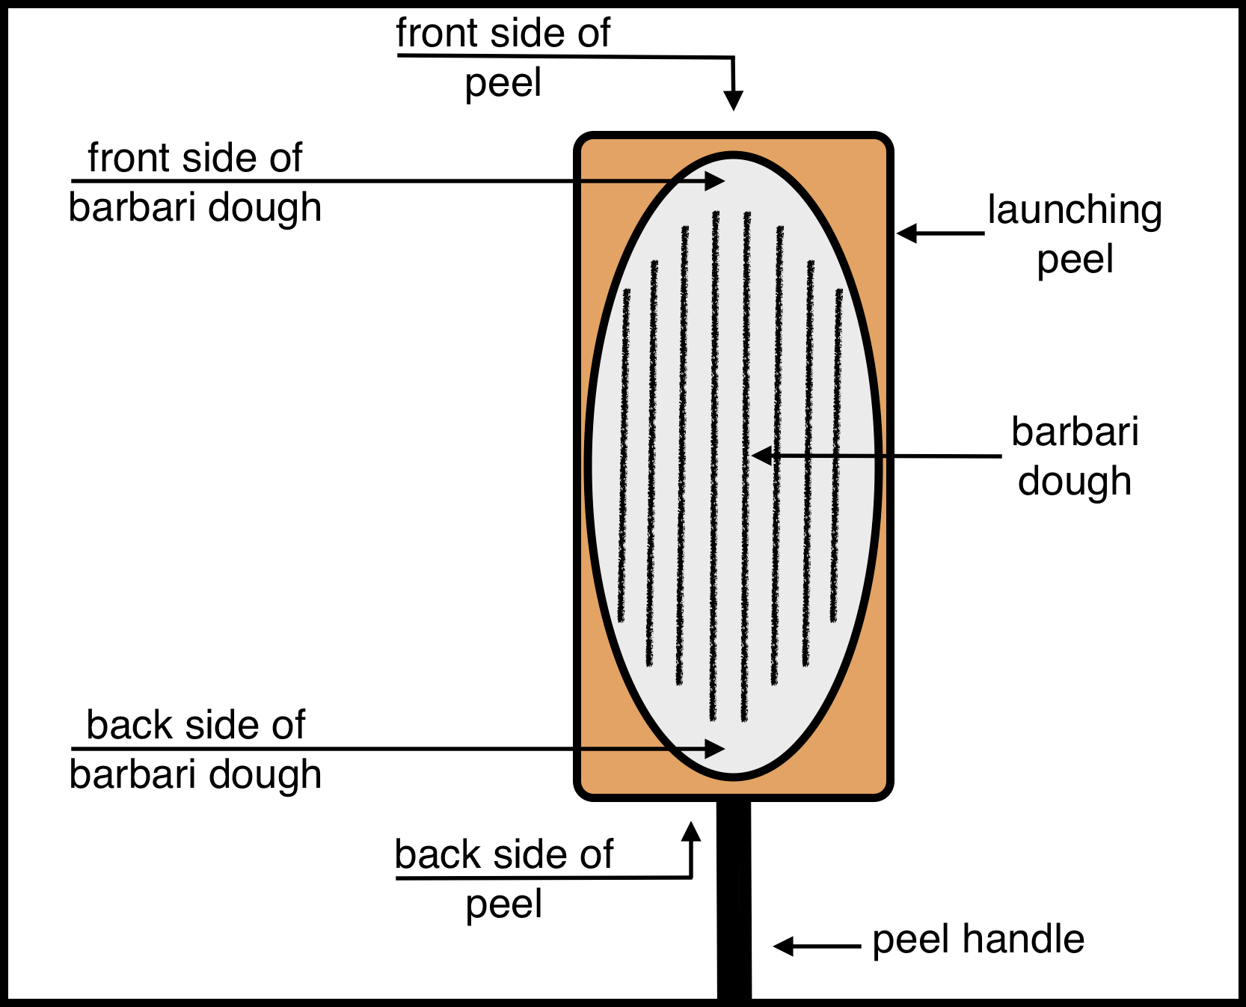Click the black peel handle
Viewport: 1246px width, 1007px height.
click(x=734, y=898)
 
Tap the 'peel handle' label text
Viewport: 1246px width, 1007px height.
click(x=978, y=940)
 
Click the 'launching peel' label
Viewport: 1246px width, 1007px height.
click(x=1075, y=234)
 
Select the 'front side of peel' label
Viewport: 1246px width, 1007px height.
click(x=503, y=58)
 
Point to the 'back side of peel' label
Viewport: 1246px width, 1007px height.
click(x=504, y=878)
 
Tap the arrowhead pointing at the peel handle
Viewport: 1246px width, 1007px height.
click(x=782, y=946)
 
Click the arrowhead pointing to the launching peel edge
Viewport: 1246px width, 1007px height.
click(x=906, y=233)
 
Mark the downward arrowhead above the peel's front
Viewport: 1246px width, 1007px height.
click(x=734, y=101)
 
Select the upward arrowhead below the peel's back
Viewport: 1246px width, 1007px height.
click(x=692, y=830)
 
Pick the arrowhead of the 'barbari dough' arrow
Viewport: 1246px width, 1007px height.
click(x=761, y=455)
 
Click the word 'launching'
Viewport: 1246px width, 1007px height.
click(x=1075, y=210)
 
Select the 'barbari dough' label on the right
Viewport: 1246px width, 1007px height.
click(x=1075, y=456)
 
